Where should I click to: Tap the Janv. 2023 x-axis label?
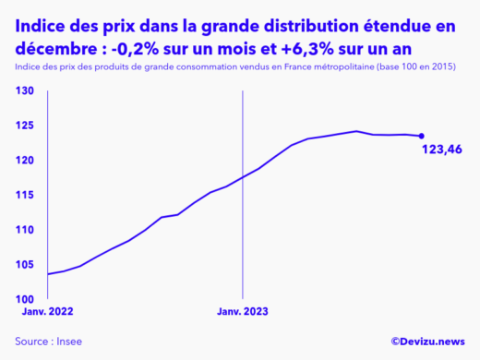[x=242, y=313]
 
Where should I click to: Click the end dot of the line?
[x=422, y=136]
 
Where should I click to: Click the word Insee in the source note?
[x=68, y=342]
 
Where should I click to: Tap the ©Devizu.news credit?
[x=427, y=342]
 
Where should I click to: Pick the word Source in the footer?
[x=32, y=342]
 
